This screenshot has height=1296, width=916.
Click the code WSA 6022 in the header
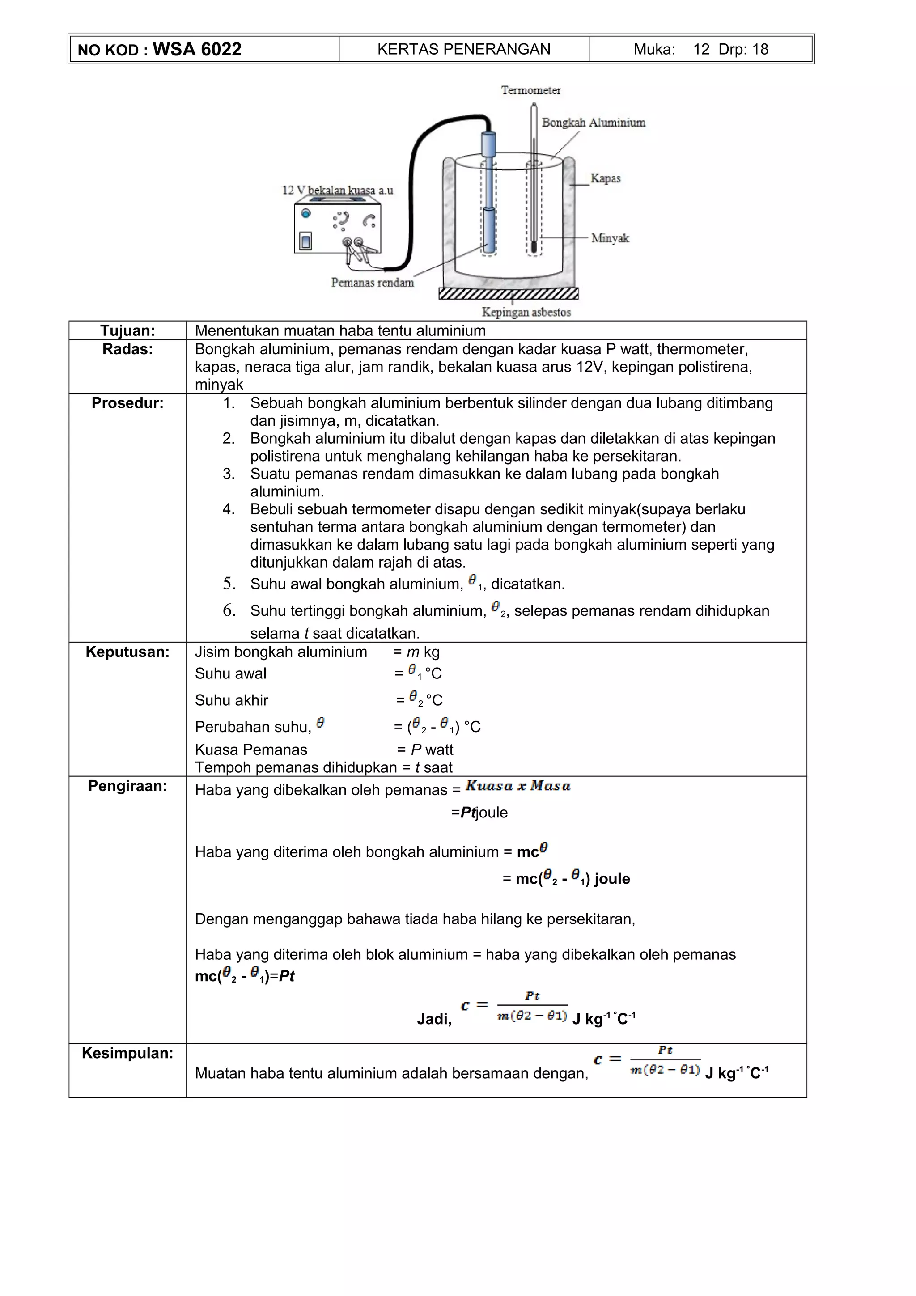point(196,50)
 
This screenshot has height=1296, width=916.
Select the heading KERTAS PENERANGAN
point(463,50)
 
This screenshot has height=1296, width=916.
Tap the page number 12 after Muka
point(701,50)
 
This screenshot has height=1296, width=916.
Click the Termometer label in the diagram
point(530,90)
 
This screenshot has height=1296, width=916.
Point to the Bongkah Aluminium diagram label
point(593,123)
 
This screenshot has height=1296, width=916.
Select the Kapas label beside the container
point(605,178)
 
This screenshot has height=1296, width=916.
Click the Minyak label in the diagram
point(610,238)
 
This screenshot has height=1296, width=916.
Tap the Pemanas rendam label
point(373,282)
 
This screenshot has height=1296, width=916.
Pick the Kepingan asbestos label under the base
point(526,312)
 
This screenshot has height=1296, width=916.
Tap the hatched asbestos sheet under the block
point(508,293)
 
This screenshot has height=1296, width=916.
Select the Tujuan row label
point(127,331)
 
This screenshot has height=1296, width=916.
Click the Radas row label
point(127,349)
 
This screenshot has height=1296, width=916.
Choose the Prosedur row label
point(127,403)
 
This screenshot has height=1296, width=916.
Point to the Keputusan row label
point(127,652)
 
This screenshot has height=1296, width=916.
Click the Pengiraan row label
point(127,786)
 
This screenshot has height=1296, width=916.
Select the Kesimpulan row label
point(127,1053)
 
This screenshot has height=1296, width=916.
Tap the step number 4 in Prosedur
point(228,509)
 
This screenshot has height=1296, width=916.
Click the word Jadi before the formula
point(434,1019)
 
